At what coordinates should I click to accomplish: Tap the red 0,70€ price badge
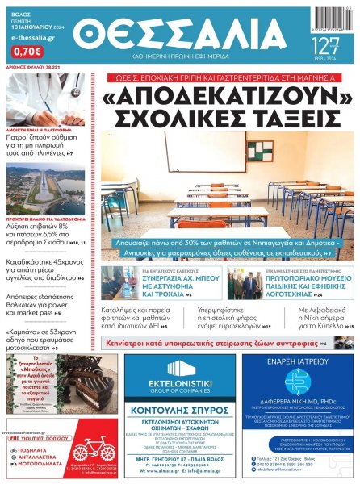click(x=27, y=51)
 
